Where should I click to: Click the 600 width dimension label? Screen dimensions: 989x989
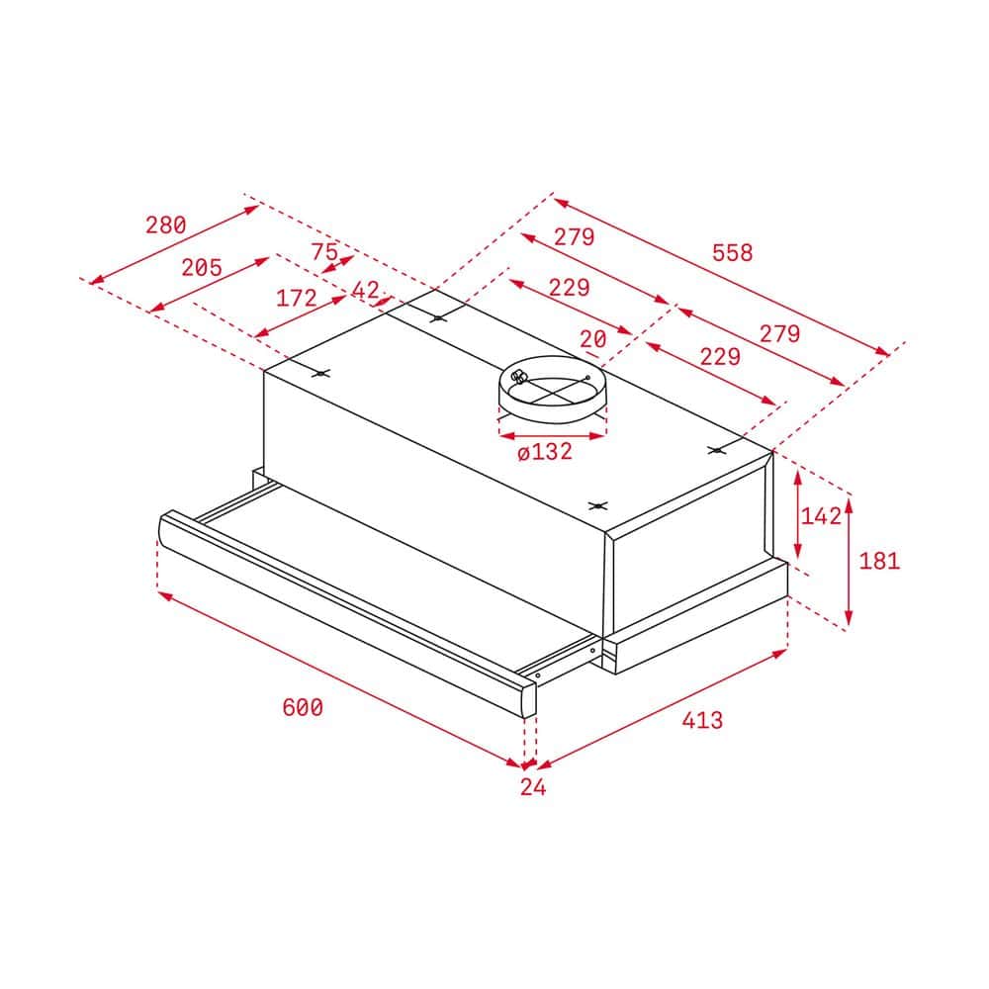coord(302,707)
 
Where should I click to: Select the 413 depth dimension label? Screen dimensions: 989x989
coord(702,720)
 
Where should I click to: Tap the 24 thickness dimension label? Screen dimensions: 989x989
coord(533,786)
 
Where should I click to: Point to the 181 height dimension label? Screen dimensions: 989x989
coord(879,560)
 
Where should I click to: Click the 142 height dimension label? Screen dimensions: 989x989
coord(821,516)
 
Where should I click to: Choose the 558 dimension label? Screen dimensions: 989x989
coord(732,252)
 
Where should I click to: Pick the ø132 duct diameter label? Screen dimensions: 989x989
coord(544,451)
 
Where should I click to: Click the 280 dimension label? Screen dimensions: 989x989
coord(166,225)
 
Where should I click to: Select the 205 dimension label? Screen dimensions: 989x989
coord(202,267)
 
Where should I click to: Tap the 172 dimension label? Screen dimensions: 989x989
coord(297,298)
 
